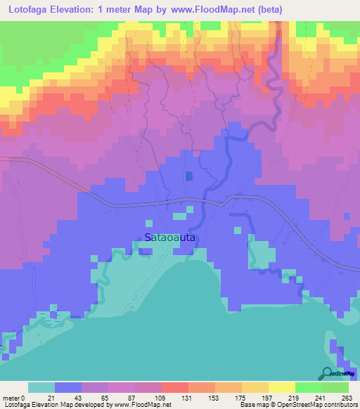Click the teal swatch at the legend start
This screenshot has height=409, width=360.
tap(41, 387)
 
